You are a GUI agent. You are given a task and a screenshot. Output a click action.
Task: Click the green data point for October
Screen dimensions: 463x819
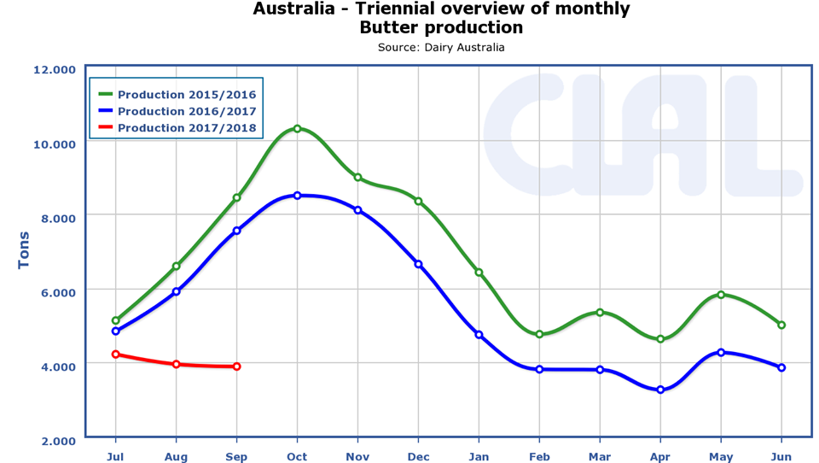(297, 129)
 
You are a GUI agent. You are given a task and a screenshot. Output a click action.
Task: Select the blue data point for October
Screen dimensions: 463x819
(297, 196)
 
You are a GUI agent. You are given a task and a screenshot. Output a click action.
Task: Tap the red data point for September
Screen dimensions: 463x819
(236, 366)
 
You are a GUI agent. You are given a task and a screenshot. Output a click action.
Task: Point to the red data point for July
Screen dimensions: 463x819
(115, 355)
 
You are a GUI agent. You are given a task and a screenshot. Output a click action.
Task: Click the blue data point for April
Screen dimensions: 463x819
(660, 390)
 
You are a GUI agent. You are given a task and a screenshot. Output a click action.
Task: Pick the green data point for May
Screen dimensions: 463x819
(721, 295)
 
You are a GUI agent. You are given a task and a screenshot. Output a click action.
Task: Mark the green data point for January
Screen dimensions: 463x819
(479, 273)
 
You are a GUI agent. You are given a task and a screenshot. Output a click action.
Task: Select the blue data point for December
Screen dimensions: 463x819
(418, 264)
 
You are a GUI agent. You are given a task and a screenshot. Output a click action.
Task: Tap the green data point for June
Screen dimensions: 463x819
(781, 325)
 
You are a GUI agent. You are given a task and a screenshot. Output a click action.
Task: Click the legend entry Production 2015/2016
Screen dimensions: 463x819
(186, 95)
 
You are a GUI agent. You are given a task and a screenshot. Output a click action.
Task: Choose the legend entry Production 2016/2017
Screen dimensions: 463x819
(186, 111)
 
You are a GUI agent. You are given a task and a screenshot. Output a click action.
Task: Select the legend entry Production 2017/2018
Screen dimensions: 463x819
(186, 128)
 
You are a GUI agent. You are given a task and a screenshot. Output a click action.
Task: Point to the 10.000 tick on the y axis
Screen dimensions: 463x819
(54, 144)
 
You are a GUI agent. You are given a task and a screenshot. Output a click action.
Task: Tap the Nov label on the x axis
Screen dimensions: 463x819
(357, 457)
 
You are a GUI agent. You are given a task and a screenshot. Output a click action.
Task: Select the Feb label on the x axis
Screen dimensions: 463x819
(539, 457)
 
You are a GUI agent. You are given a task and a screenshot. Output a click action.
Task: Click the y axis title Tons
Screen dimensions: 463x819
(24, 250)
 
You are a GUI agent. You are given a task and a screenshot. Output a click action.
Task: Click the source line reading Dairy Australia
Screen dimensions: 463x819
(441, 48)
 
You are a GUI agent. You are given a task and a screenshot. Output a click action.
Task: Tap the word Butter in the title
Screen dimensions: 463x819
(388, 27)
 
